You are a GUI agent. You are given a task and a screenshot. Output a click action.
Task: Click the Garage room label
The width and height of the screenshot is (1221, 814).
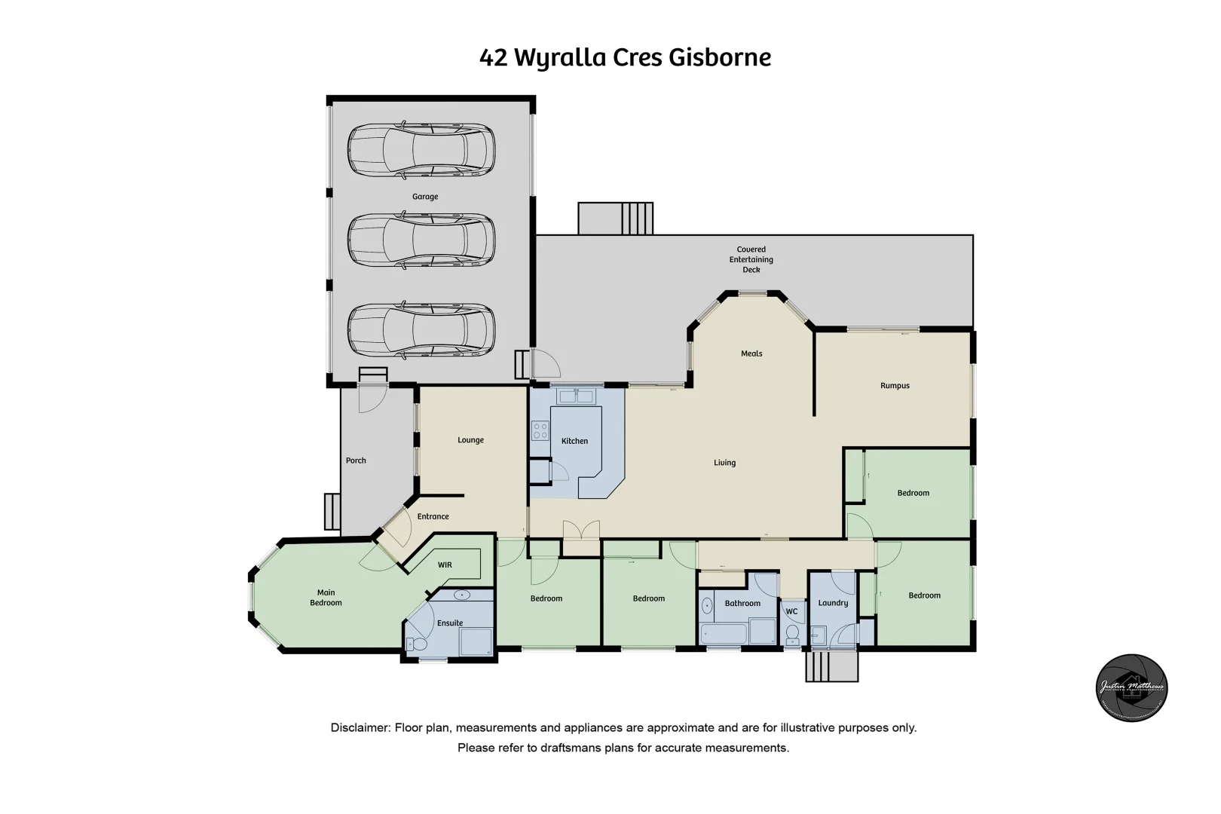[424, 197]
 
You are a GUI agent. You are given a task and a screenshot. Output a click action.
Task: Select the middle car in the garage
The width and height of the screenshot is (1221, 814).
[421, 240]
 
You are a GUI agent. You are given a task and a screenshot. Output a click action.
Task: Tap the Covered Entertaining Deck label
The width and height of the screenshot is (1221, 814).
[751, 259]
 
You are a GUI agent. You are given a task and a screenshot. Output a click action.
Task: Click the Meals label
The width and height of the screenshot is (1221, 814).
[751, 353]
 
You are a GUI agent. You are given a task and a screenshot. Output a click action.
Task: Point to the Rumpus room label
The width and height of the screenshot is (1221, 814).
[895, 386]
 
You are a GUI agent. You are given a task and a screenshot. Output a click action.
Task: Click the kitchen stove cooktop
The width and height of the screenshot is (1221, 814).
[540, 430]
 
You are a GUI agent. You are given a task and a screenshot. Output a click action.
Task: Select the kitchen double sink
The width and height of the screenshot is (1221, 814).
[577, 396]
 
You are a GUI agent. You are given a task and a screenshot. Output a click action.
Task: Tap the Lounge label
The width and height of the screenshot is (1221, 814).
[470, 440]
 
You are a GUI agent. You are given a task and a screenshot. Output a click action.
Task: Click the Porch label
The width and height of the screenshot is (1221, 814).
[356, 461]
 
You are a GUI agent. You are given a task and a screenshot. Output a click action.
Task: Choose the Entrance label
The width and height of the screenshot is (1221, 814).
[433, 517]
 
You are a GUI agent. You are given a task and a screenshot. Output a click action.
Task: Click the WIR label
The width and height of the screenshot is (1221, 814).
[445, 565]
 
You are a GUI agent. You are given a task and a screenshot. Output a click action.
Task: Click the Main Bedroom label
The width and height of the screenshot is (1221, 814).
[326, 598]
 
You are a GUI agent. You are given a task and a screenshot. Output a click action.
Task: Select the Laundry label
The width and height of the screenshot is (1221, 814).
[833, 603]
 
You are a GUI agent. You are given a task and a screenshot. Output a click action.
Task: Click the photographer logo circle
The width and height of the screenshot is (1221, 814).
[1131, 687]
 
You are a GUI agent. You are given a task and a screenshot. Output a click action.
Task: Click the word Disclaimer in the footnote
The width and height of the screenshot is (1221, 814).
[360, 728]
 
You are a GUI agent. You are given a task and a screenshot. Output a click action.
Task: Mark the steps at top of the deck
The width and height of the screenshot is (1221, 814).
[615, 219]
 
